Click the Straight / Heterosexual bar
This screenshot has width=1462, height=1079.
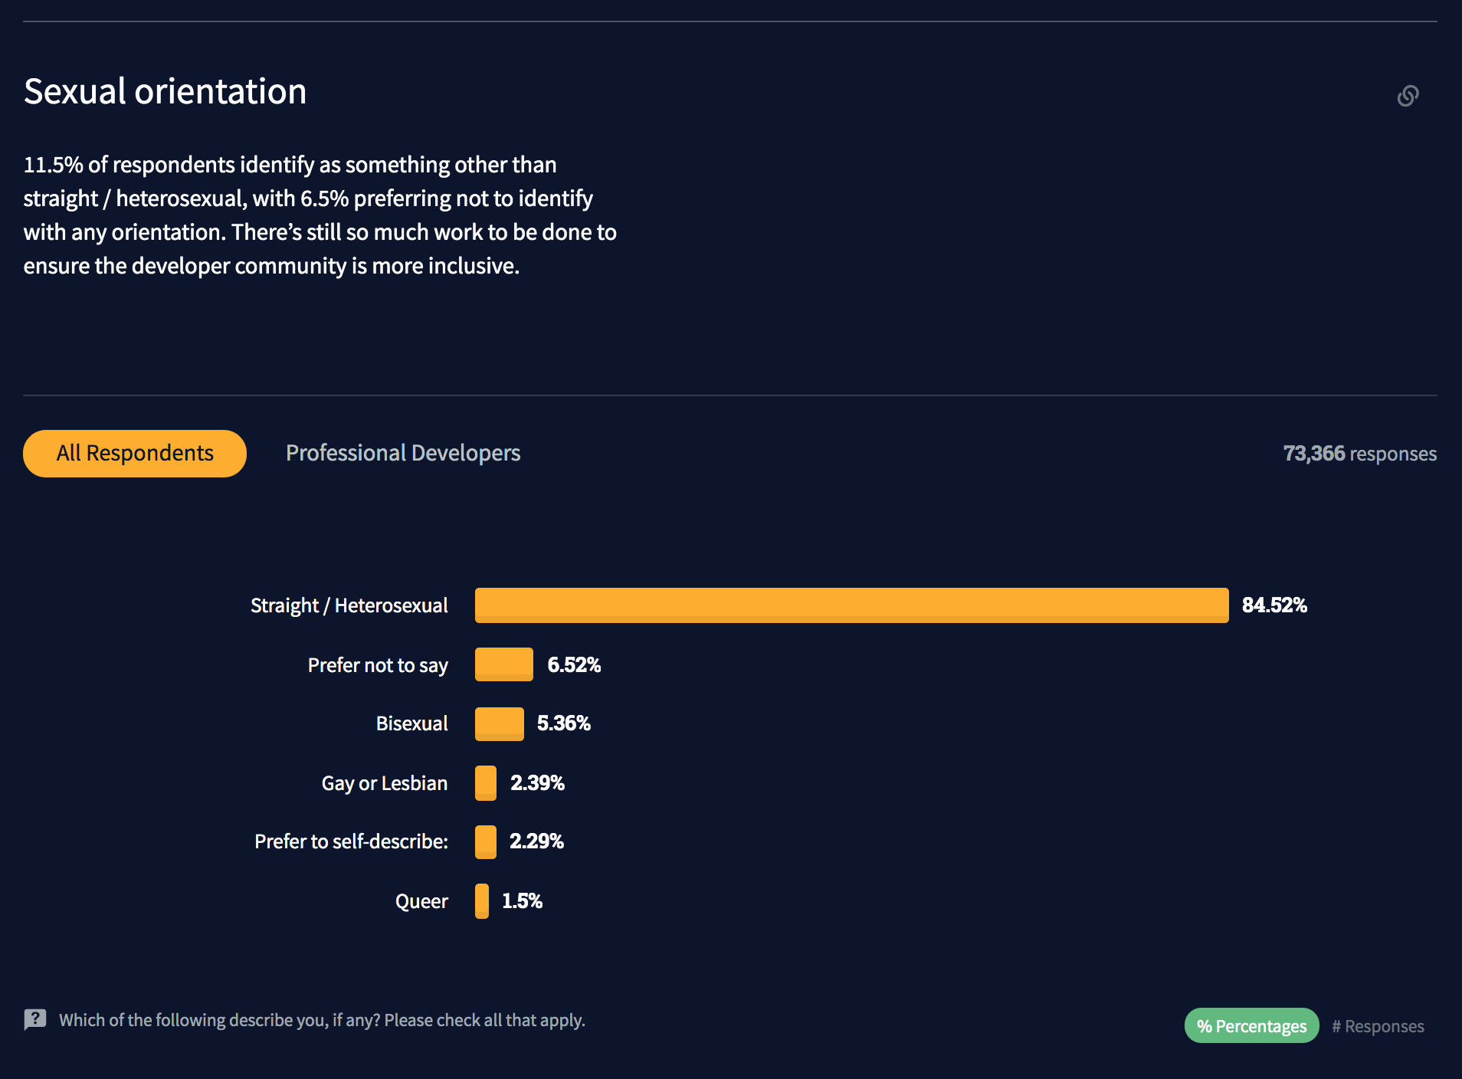(x=851, y=605)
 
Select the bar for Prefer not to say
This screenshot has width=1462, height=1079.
(x=503, y=664)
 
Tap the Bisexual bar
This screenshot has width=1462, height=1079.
(x=499, y=723)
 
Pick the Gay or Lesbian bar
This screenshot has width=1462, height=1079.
(x=486, y=782)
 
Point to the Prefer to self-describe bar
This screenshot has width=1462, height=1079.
(x=486, y=841)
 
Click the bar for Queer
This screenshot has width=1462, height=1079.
(x=482, y=900)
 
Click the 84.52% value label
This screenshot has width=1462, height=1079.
(x=1274, y=605)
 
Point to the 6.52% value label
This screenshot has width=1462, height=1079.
(x=574, y=664)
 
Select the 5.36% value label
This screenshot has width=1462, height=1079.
(x=564, y=723)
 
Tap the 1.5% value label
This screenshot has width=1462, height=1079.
(x=522, y=900)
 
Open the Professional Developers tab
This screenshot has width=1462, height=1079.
(x=403, y=453)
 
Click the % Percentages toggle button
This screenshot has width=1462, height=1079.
(x=1251, y=1025)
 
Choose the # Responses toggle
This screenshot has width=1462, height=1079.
(x=1378, y=1026)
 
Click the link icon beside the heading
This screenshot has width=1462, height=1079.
(x=1408, y=96)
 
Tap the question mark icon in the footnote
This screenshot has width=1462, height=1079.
(x=35, y=1019)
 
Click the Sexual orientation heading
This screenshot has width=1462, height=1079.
(x=166, y=92)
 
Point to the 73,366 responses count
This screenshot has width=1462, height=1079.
(x=1359, y=454)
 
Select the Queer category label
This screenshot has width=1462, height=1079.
(x=421, y=901)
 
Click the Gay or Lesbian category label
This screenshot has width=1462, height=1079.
(x=384, y=783)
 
